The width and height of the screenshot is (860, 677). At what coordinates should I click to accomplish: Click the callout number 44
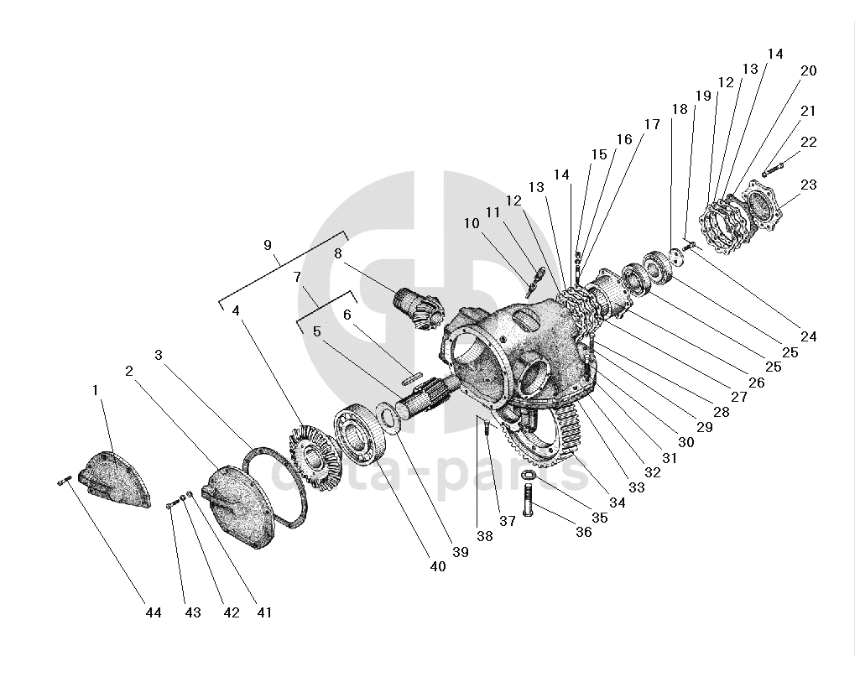pyautogui.click(x=152, y=613)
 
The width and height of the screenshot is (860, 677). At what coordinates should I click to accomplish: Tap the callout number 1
pyautogui.click(x=96, y=390)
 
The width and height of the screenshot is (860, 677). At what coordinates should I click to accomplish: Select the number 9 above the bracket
pyautogui.click(x=268, y=245)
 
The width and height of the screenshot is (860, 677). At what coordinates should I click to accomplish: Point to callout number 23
pyautogui.click(x=809, y=185)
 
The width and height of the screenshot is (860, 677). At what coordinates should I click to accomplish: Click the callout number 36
pyautogui.click(x=585, y=532)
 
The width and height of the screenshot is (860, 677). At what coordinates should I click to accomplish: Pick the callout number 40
pyautogui.click(x=437, y=566)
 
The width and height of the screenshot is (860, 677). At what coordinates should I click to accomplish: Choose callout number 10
pyautogui.click(x=471, y=223)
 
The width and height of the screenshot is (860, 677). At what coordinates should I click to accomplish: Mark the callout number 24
pyautogui.click(x=808, y=337)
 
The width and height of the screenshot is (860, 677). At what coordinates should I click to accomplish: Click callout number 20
pyautogui.click(x=808, y=71)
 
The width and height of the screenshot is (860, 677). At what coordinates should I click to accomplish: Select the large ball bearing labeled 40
pyautogui.click(x=360, y=435)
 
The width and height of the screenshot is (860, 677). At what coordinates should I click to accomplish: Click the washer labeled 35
pyautogui.click(x=529, y=477)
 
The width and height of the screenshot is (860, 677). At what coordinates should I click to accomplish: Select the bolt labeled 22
pyautogui.click(x=773, y=168)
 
